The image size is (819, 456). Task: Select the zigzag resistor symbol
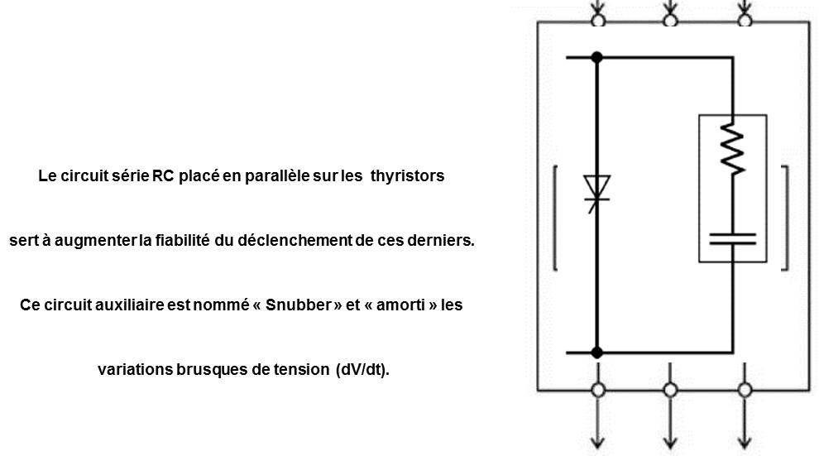732,149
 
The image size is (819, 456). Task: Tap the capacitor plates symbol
732,239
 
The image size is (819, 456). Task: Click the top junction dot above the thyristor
597,57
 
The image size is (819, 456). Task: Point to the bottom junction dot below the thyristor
597,353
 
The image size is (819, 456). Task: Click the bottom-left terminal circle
598,390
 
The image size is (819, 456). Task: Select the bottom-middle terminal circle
670,390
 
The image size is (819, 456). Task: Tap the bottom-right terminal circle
745,390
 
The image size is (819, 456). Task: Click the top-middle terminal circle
670,21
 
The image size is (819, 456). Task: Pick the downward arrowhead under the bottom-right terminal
745,443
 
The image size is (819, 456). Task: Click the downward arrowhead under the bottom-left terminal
598,443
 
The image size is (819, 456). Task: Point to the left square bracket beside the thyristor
555,218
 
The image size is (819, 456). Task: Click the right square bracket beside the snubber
786,218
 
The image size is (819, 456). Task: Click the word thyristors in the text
407,176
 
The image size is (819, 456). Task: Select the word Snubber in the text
299,305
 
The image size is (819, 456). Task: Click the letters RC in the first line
163,176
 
